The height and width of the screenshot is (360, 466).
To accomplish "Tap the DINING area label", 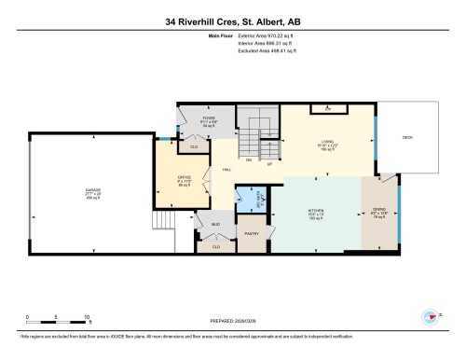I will coord(378,213).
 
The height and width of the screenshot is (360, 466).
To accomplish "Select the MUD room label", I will coord(214,226).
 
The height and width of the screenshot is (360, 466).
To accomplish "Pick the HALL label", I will coord(226,169).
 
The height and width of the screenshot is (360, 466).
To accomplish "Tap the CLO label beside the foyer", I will coord(194,146).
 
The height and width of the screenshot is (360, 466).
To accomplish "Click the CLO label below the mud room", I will coord(215,246).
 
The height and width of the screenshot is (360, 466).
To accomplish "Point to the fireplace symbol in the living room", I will coord(327,109).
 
